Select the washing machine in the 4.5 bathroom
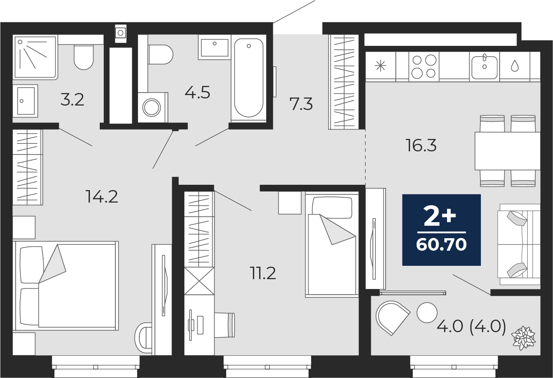click(152, 107)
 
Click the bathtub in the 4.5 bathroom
click(248, 78)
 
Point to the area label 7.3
click(301, 105)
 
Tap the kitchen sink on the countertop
click(484, 67)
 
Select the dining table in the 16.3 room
click(507, 151)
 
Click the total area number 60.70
click(441, 244)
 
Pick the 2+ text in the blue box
click(440, 217)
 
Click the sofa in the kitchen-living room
click(519, 244)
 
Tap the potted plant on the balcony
click(524, 337)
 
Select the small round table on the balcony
click(427, 312)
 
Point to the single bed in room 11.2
click(332, 245)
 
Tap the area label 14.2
click(102, 196)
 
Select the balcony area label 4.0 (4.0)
click(471, 327)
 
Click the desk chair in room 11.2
click(225, 325)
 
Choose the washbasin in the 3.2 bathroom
click(25, 101)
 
